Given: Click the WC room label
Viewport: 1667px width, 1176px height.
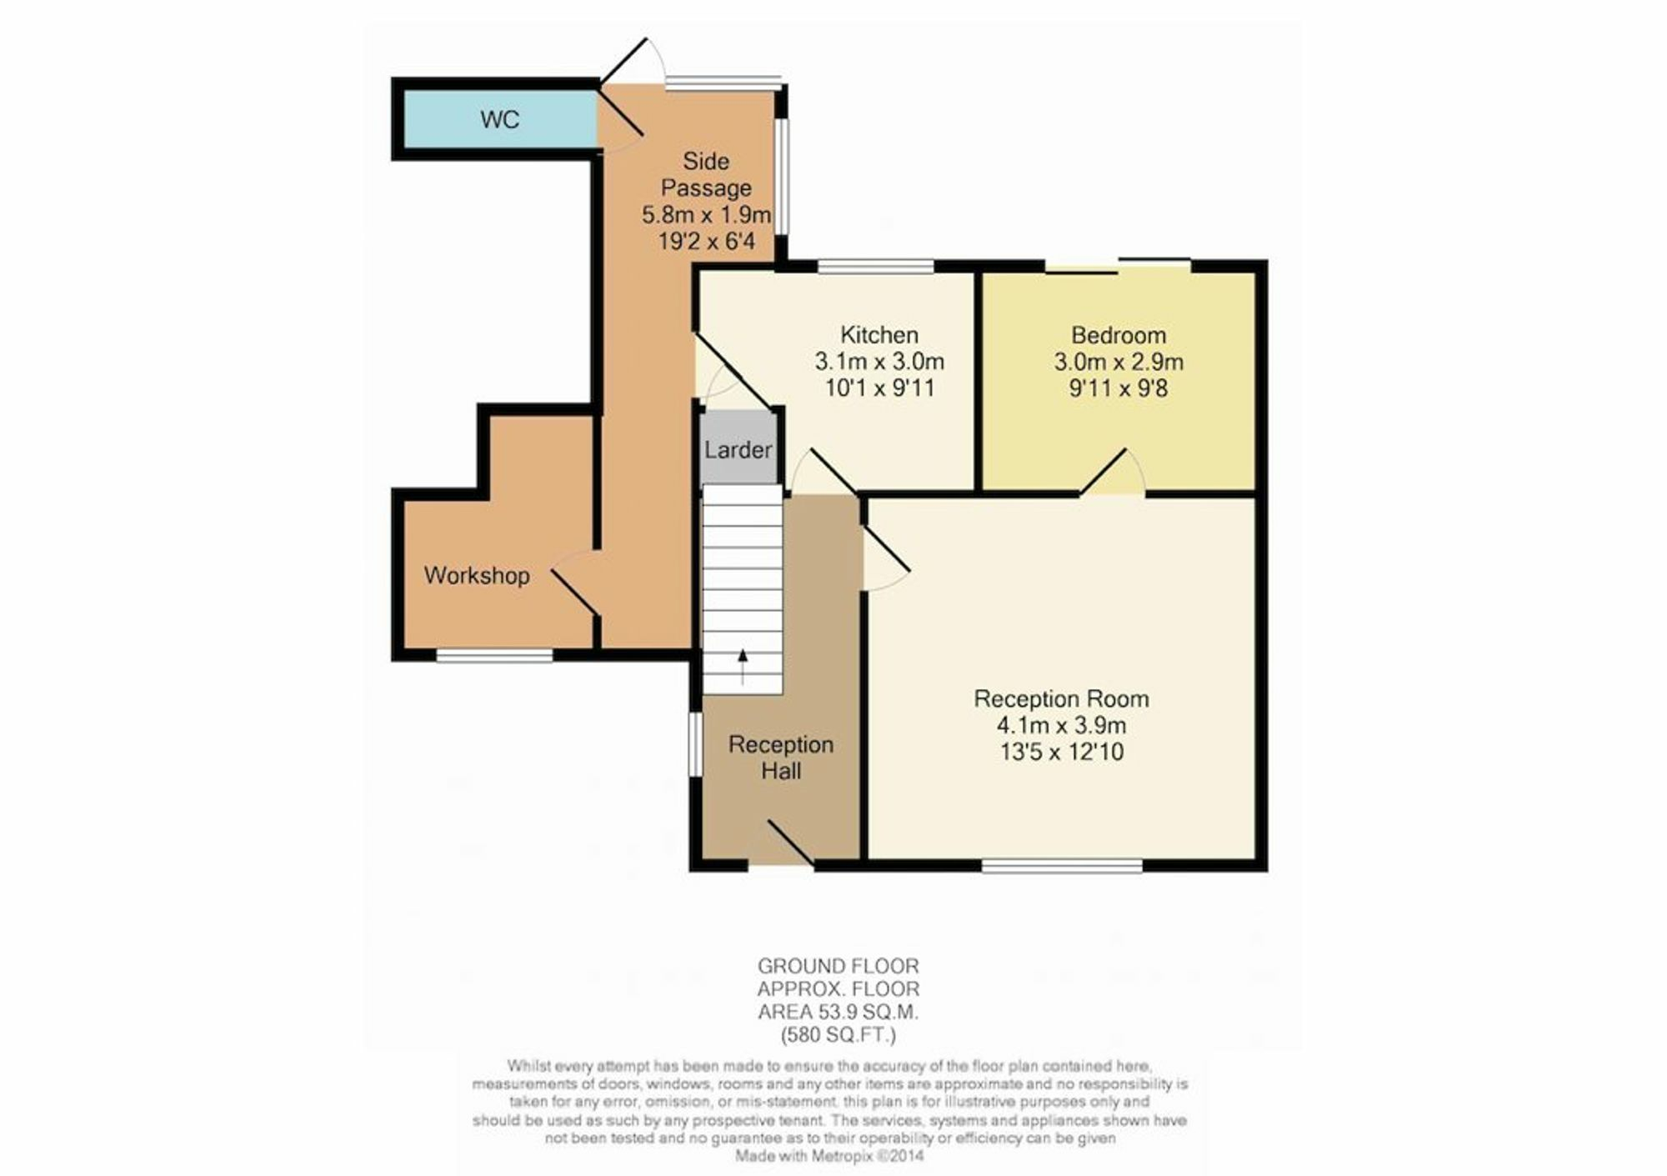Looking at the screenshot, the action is click(x=499, y=120).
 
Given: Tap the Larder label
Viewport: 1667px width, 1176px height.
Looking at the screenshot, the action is click(x=738, y=450).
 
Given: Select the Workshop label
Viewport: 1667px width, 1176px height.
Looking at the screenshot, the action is click(x=476, y=576).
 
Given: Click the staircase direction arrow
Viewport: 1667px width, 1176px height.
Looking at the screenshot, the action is click(x=743, y=667).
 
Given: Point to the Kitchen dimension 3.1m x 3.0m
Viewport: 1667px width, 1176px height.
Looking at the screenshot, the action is click(x=879, y=362).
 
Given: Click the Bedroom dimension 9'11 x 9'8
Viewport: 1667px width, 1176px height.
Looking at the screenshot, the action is click(x=1118, y=388).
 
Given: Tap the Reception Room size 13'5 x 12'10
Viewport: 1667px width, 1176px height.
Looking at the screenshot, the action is click(x=1061, y=752).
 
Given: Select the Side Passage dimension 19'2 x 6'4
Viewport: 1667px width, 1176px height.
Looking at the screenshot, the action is click(x=706, y=242).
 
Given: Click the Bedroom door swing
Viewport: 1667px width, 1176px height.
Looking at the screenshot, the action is click(x=1113, y=473).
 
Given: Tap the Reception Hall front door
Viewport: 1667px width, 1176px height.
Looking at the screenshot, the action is click(x=789, y=842).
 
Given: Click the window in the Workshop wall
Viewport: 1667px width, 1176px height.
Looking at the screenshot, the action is click(x=494, y=656).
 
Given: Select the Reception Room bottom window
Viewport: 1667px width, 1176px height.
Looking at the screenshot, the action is click(x=1062, y=866).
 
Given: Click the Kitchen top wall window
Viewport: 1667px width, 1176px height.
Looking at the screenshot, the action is click(x=875, y=266).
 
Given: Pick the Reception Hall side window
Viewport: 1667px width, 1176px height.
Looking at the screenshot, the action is click(x=694, y=744).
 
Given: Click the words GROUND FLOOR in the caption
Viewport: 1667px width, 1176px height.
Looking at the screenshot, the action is click(x=838, y=966).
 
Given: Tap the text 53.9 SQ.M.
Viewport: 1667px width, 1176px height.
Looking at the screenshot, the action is click(x=869, y=1013).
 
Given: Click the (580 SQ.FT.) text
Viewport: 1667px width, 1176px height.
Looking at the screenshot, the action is click(x=838, y=1036).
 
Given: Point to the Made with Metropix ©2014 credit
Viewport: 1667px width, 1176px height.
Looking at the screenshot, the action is click(x=828, y=1157).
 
